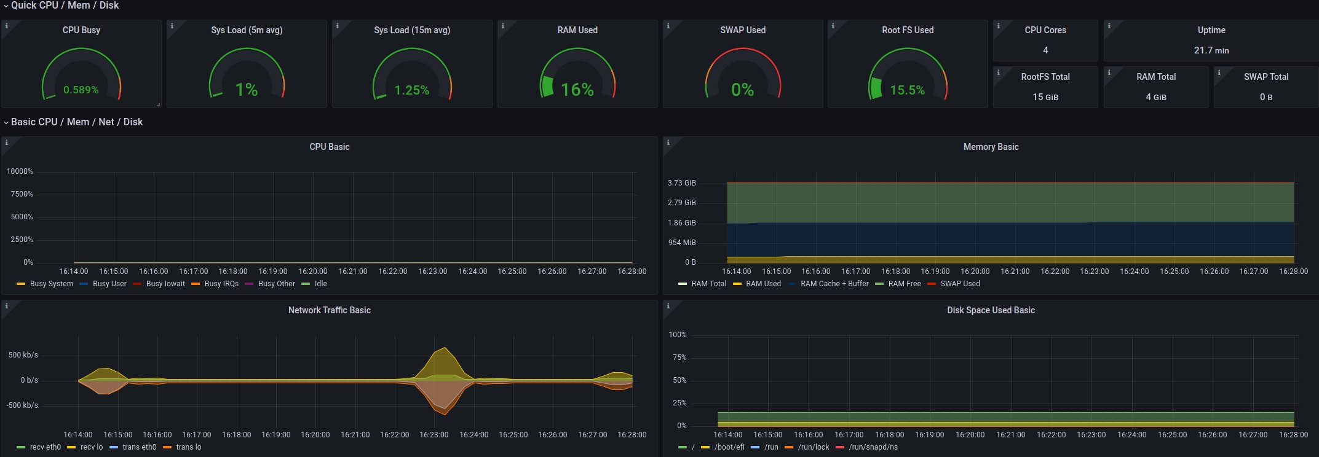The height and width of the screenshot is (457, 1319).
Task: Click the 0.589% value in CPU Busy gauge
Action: [x=81, y=90]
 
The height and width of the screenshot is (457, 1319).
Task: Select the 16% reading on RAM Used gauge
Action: [x=577, y=90]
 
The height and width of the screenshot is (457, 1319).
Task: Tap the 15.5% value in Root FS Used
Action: [x=907, y=90]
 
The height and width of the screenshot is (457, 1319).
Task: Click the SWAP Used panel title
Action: [x=742, y=30]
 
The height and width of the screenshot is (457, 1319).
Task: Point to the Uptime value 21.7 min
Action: [x=1211, y=50]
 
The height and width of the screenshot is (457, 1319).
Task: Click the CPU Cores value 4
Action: [x=1045, y=50]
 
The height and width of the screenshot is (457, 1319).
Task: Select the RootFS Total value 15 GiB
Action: [x=1045, y=97]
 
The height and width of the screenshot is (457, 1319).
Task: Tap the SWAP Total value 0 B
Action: [x=1266, y=97]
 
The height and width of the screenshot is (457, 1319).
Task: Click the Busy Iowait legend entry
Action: [x=165, y=284]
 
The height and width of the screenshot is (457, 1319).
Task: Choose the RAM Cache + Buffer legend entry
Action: [x=834, y=284]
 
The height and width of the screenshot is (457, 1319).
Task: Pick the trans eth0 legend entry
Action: [x=139, y=447]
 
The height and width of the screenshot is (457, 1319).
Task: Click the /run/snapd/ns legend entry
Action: [x=873, y=447]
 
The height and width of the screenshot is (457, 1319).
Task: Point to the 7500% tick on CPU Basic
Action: [x=22, y=194]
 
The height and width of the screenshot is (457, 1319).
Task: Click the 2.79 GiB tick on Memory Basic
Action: [x=681, y=203]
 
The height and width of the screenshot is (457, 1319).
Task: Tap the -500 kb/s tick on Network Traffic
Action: [x=22, y=405]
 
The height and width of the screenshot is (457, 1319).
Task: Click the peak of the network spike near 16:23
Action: [x=445, y=348]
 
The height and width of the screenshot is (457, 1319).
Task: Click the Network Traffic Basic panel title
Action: [x=329, y=310]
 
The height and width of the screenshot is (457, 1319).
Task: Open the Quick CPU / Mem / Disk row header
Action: [x=65, y=6]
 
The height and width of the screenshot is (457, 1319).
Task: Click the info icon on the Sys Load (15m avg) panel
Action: [x=337, y=26]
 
